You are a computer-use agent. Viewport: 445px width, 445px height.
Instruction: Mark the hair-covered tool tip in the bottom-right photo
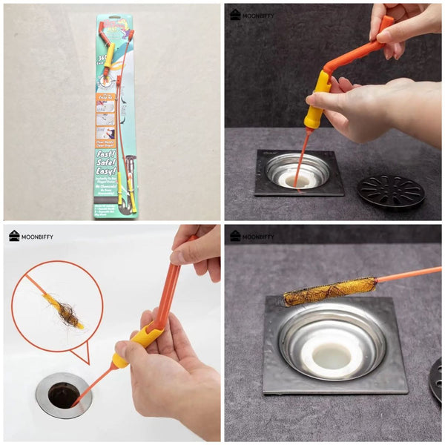329,291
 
